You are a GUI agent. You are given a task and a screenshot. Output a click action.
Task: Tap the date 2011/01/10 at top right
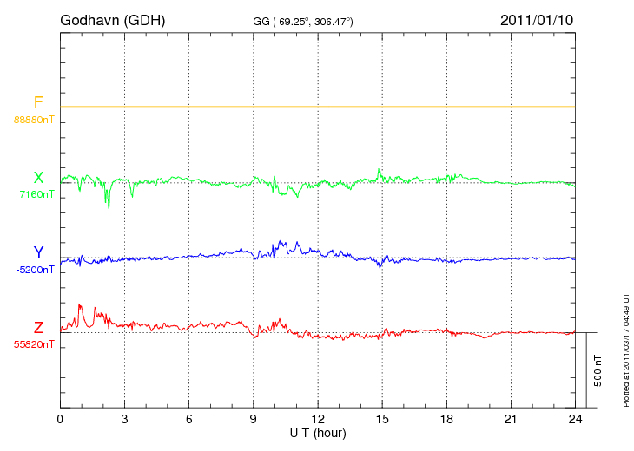click(x=536, y=19)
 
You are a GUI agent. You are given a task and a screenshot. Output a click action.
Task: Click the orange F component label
click(x=38, y=102)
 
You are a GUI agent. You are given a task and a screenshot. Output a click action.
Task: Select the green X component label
click(x=38, y=178)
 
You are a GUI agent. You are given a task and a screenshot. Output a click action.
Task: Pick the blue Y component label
click(x=38, y=252)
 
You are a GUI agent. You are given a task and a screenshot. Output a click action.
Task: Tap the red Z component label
click(x=38, y=328)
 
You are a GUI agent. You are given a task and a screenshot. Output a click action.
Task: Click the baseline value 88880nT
click(x=34, y=120)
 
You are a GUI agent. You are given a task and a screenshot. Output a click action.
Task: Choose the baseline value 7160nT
click(x=36, y=195)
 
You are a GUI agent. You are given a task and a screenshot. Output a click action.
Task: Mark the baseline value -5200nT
click(x=35, y=270)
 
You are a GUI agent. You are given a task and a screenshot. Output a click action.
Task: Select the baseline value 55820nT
click(x=34, y=344)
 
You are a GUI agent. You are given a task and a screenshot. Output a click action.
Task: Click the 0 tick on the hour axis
click(x=60, y=419)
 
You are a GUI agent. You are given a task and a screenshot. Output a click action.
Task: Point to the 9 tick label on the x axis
click(x=254, y=419)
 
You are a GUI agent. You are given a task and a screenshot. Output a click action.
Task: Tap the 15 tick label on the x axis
click(x=382, y=419)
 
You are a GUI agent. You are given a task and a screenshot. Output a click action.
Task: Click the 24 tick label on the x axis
click(x=576, y=419)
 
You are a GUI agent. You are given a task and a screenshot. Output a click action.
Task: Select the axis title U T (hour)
click(x=317, y=432)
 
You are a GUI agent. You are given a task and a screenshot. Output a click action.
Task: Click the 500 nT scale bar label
click(x=598, y=370)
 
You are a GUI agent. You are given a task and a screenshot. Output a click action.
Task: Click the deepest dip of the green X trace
click(x=109, y=207)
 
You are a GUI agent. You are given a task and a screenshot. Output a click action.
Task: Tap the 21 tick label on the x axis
click(x=511, y=419)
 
